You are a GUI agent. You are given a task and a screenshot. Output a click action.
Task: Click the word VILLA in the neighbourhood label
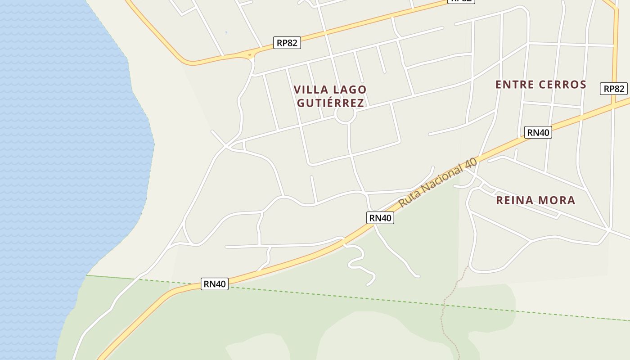(x=311, y=90)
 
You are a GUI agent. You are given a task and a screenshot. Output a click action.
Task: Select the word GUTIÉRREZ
(x=330, y=103)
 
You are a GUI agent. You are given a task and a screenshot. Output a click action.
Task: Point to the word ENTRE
(x=514, y=85)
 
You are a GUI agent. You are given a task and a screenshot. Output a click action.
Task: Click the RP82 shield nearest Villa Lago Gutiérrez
(x=287, y=43)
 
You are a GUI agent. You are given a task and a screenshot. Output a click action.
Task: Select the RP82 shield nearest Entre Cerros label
(x=613, y=89)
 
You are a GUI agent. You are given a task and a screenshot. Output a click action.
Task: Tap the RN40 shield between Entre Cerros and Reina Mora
(x=538, y=132)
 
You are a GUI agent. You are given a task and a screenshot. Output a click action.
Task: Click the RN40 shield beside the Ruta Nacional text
(x=380, y=218)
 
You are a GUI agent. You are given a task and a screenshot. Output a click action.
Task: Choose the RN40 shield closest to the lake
(x=215, y=284)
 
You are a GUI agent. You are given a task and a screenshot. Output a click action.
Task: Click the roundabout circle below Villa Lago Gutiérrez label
(x=346, y=114)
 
